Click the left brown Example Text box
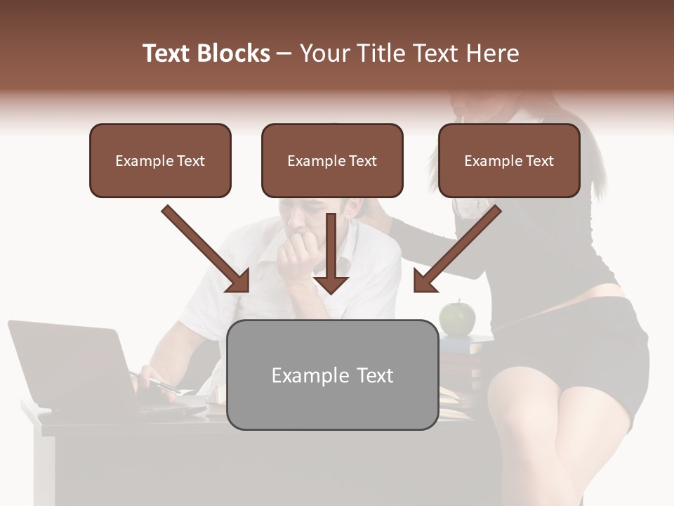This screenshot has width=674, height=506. point(160,160)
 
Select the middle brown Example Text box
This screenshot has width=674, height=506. point(332,160)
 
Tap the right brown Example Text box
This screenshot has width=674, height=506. point(509,160)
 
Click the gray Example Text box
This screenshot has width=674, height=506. point(332,375)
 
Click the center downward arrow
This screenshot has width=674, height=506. point(331,253)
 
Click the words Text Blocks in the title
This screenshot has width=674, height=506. point(206,53)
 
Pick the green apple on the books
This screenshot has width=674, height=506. point(457,318)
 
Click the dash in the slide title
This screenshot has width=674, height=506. point(284,54)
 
